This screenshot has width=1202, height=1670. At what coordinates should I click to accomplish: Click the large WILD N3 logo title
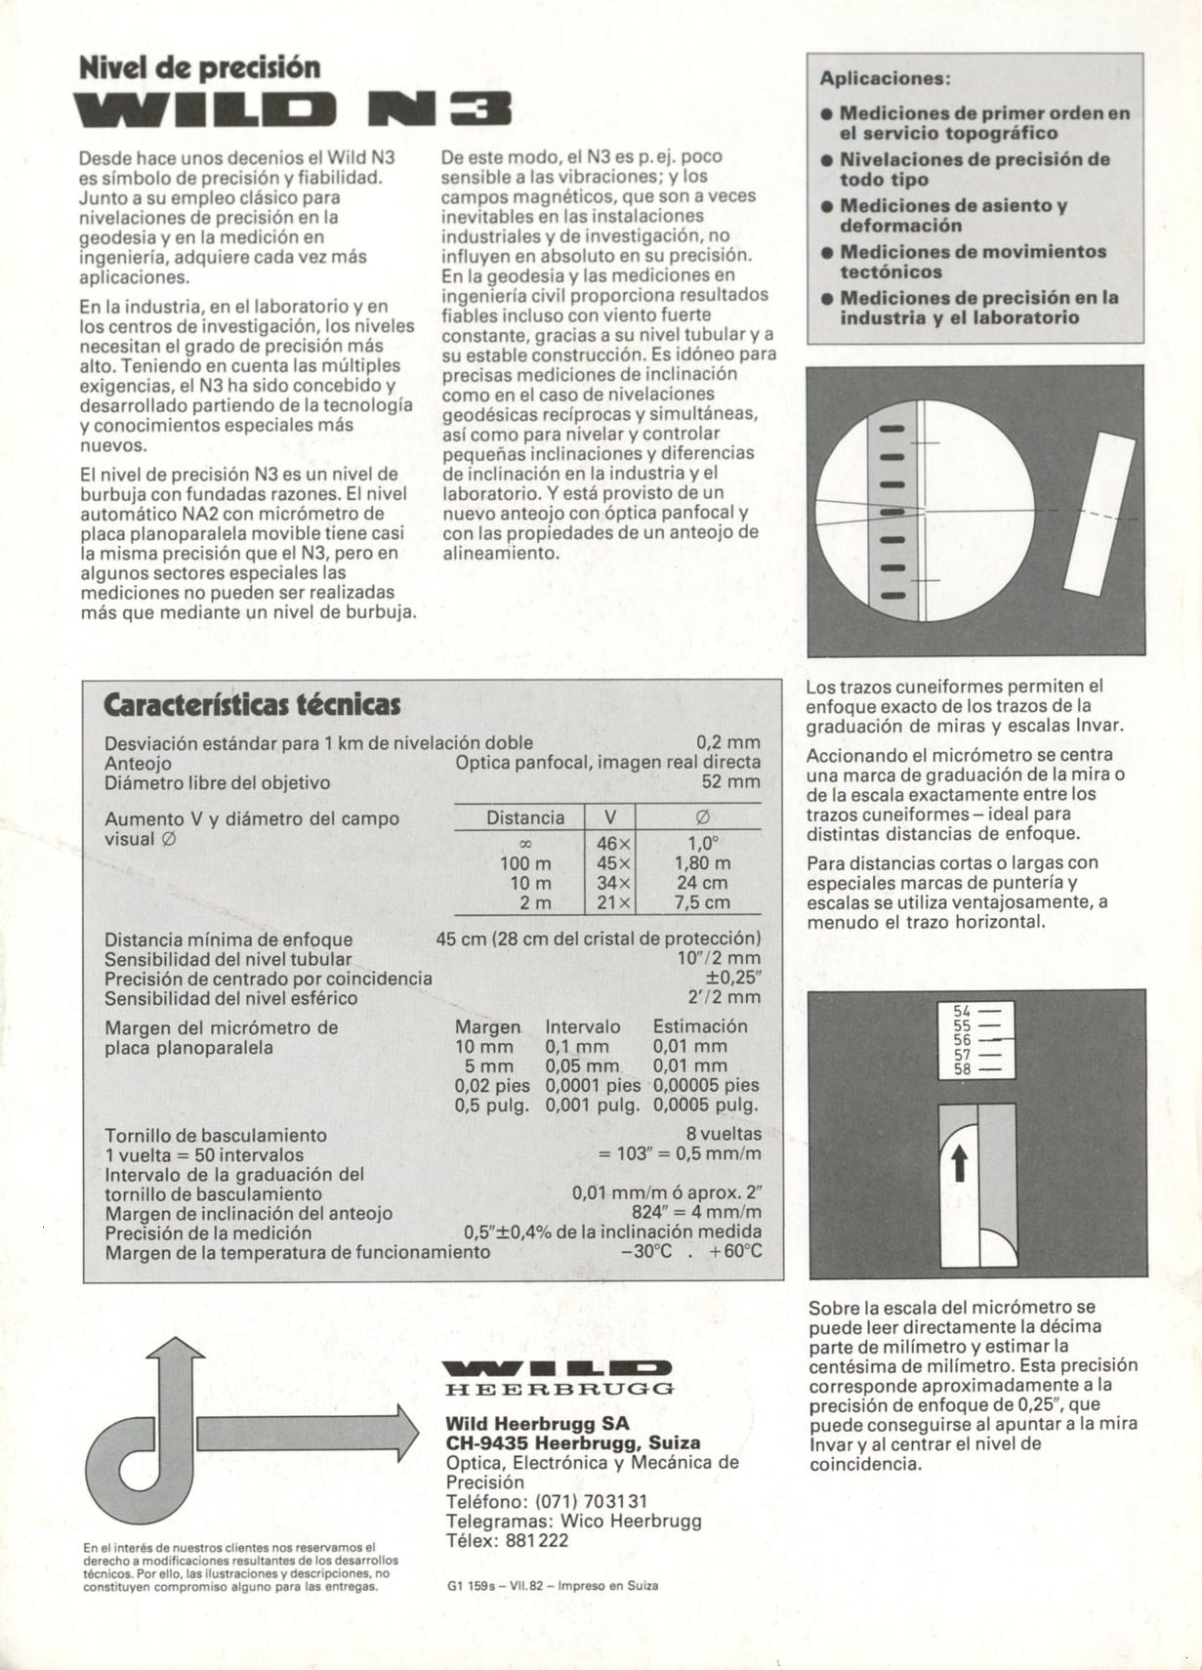tap(294, 110)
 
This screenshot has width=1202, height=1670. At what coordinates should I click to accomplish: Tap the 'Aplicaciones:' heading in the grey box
tap(885, 78)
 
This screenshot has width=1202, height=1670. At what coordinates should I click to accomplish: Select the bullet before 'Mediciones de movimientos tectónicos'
tap(826, 253)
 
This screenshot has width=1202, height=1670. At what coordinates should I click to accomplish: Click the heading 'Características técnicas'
tap(252, 704)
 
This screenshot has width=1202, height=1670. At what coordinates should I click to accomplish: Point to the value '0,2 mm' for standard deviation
tap(727, 742)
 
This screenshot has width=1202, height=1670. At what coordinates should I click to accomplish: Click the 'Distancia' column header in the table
tap(525, 817)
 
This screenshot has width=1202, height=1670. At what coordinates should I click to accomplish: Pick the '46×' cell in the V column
tap(614, 843)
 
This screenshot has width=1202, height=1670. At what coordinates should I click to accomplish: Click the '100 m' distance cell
tap(525, 863)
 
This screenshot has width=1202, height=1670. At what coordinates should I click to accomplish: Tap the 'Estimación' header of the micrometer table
tap(700, 1026)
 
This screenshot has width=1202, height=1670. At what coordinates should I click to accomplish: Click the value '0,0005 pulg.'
tap(705, 1105)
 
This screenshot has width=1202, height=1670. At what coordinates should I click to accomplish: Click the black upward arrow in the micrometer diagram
tap(959, 1162)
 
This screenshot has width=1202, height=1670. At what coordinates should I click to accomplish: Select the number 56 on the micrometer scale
tap(962, 1041)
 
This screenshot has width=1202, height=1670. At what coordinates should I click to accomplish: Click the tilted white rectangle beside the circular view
tap(1099, 515)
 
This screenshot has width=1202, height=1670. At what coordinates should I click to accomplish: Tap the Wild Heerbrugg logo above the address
tap(558, 1378)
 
